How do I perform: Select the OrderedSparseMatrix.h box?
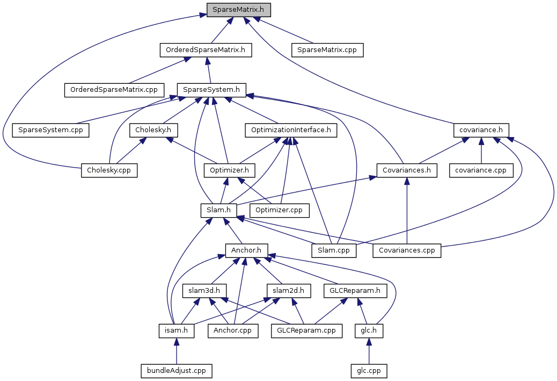coord(206,50)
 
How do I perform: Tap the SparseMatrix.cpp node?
coord(327,50)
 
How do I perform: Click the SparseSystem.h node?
coord(211,89)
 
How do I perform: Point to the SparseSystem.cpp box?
coord(50,130)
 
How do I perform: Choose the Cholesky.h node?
coord(153,130)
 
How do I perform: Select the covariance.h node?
coord(481,130)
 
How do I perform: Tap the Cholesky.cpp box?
coord(109,170)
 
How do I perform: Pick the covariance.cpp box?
coord(481,170)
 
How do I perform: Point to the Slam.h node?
coord(218,210)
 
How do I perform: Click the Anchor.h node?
coord(246,250)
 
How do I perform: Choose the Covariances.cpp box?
coord(407,250)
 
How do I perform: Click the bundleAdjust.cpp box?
coord(176,371)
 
